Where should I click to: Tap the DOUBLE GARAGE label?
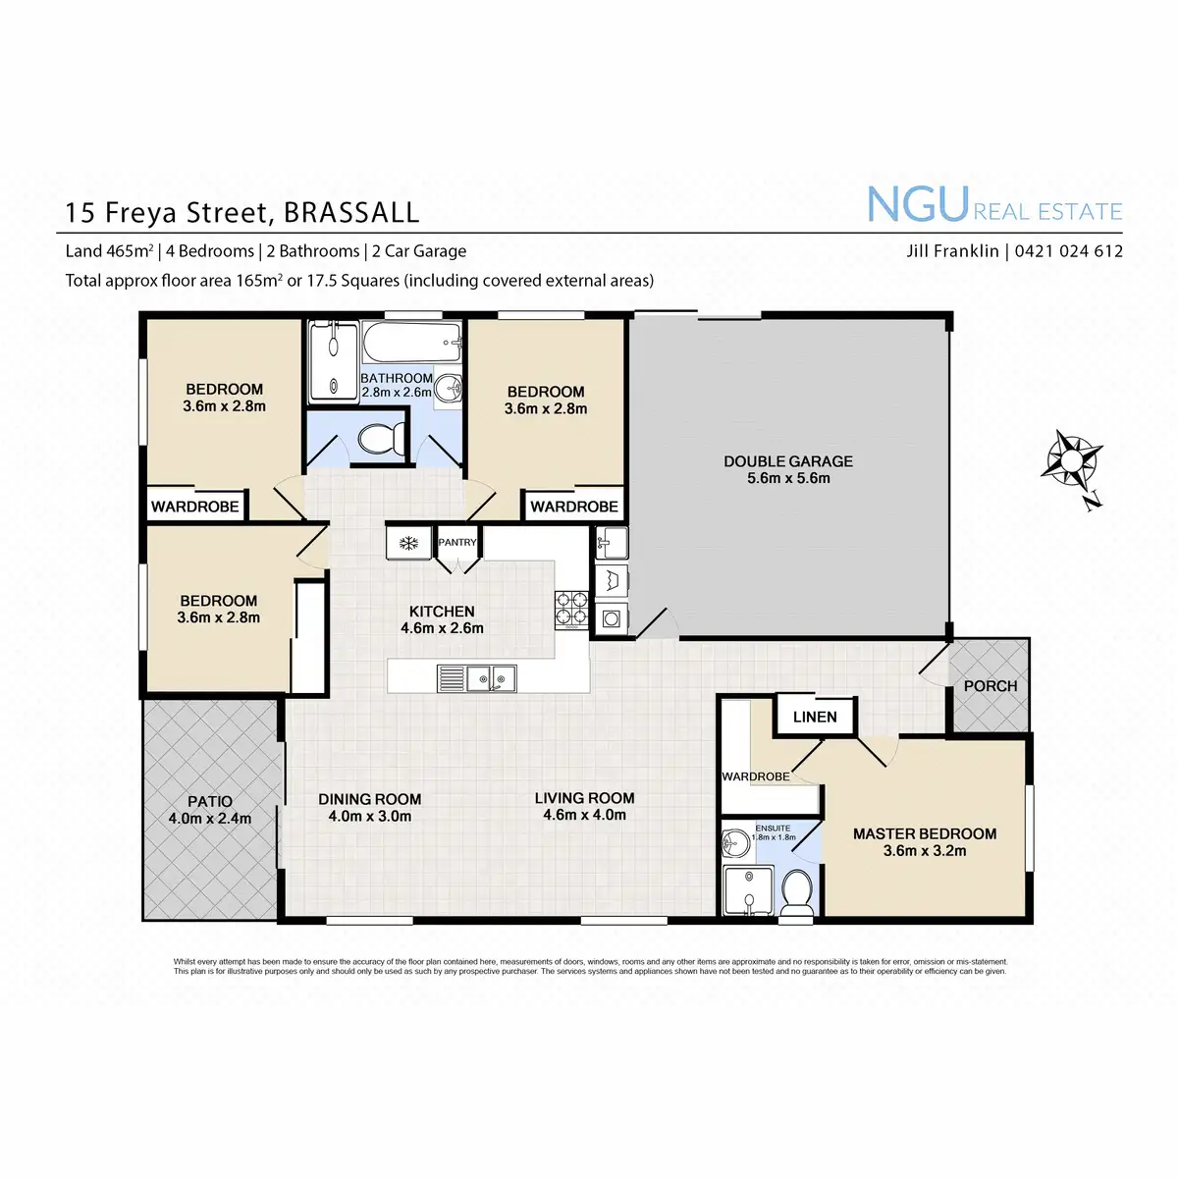click(788, 461)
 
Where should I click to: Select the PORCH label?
click(990, 686)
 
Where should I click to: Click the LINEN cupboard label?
click(815, 717)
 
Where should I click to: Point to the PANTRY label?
click(457, 543)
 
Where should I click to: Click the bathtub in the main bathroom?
click(412, 343)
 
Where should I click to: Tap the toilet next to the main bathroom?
click(382, 438)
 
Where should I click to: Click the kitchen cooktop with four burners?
click(571, 608)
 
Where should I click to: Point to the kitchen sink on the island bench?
click(490, 677)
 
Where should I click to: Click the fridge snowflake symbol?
click(407, 543)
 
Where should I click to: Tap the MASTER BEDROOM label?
click(924, 833)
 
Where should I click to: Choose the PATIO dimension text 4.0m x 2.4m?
click(210, 819)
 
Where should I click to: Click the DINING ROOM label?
click(369, 799)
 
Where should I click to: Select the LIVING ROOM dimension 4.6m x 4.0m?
click(584, 815)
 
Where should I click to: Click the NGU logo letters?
click(918, 205)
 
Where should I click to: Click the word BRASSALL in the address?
click(351, 212)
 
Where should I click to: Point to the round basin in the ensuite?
click(735, 842)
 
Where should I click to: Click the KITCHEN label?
click(442, 612)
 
